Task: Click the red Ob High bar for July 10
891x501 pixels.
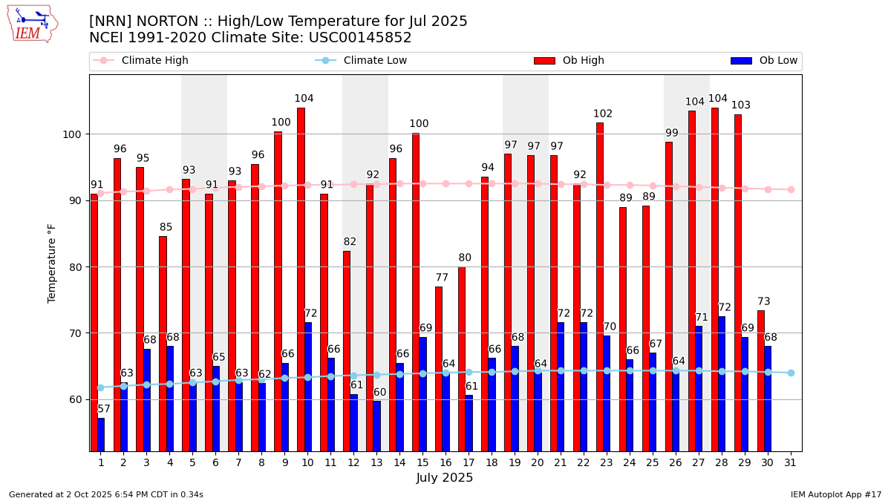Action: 301,279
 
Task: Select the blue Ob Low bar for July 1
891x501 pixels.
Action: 101,434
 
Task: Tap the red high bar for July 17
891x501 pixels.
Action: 462,359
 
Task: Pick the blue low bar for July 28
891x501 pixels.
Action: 722,384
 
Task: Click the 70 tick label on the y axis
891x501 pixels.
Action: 77,333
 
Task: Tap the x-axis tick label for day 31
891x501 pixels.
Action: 791,462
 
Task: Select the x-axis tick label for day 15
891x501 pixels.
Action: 422,462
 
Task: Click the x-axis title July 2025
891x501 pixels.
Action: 445,478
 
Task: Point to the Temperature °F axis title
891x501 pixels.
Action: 52,263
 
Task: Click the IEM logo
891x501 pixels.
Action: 32,24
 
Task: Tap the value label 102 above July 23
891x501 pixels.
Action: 603,114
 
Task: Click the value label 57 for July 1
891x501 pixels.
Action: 104,409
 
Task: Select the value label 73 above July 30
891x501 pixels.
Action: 764,301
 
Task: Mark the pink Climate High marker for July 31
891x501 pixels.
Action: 791,189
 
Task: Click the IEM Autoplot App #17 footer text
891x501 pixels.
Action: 836,494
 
